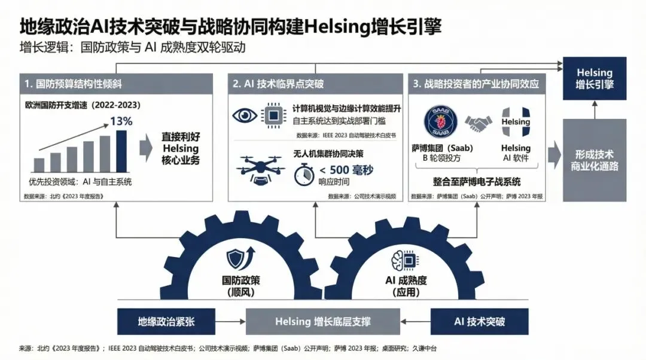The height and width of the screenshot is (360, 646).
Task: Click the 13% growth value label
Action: (121, 121)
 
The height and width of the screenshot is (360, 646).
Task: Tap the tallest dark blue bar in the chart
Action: (121, 151)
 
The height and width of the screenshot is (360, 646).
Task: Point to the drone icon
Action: (260, 167)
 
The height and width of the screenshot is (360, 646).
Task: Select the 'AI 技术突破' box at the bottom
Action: (480, 321)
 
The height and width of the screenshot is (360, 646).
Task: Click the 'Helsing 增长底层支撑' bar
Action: (322, 321)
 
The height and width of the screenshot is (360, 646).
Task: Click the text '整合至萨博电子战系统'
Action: (477, 181)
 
